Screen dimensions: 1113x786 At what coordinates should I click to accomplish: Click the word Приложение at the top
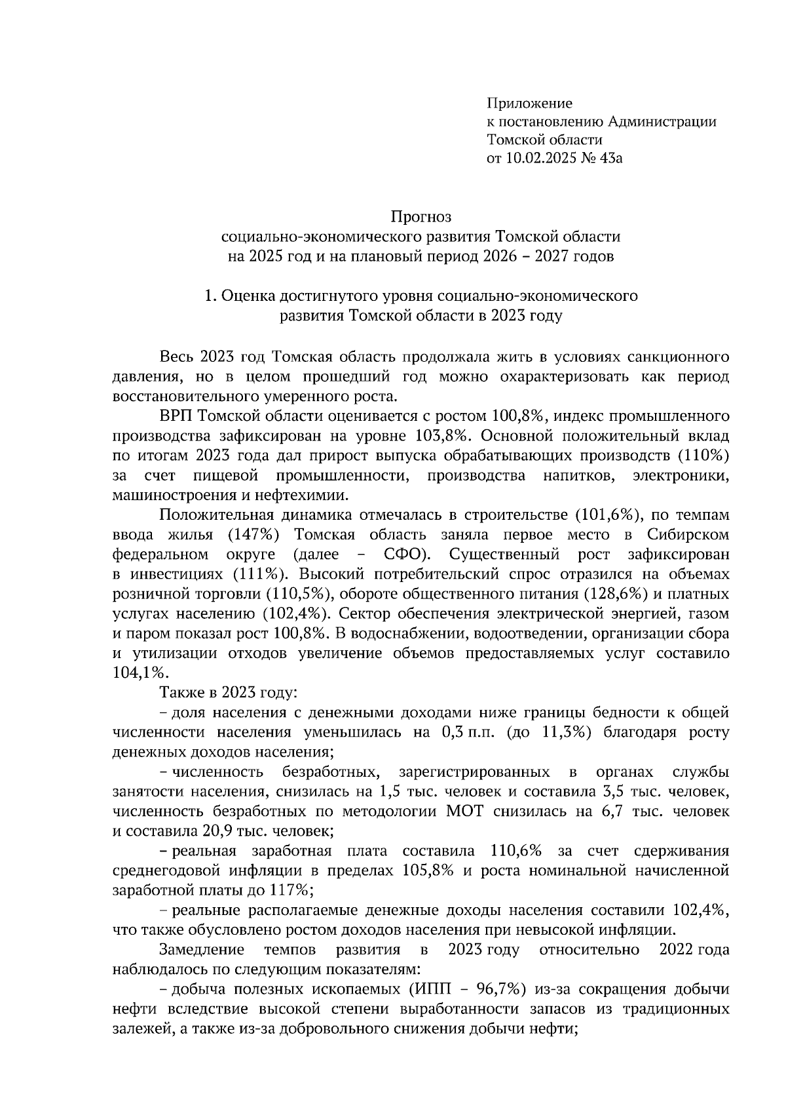529,103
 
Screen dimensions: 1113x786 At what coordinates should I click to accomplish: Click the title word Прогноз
422,216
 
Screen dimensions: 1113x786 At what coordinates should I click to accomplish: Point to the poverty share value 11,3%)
567,732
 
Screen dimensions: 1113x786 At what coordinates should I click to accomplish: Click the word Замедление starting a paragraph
202,950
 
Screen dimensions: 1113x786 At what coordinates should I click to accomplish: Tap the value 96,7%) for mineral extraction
501,989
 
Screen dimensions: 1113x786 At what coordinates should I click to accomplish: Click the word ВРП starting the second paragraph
176,416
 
